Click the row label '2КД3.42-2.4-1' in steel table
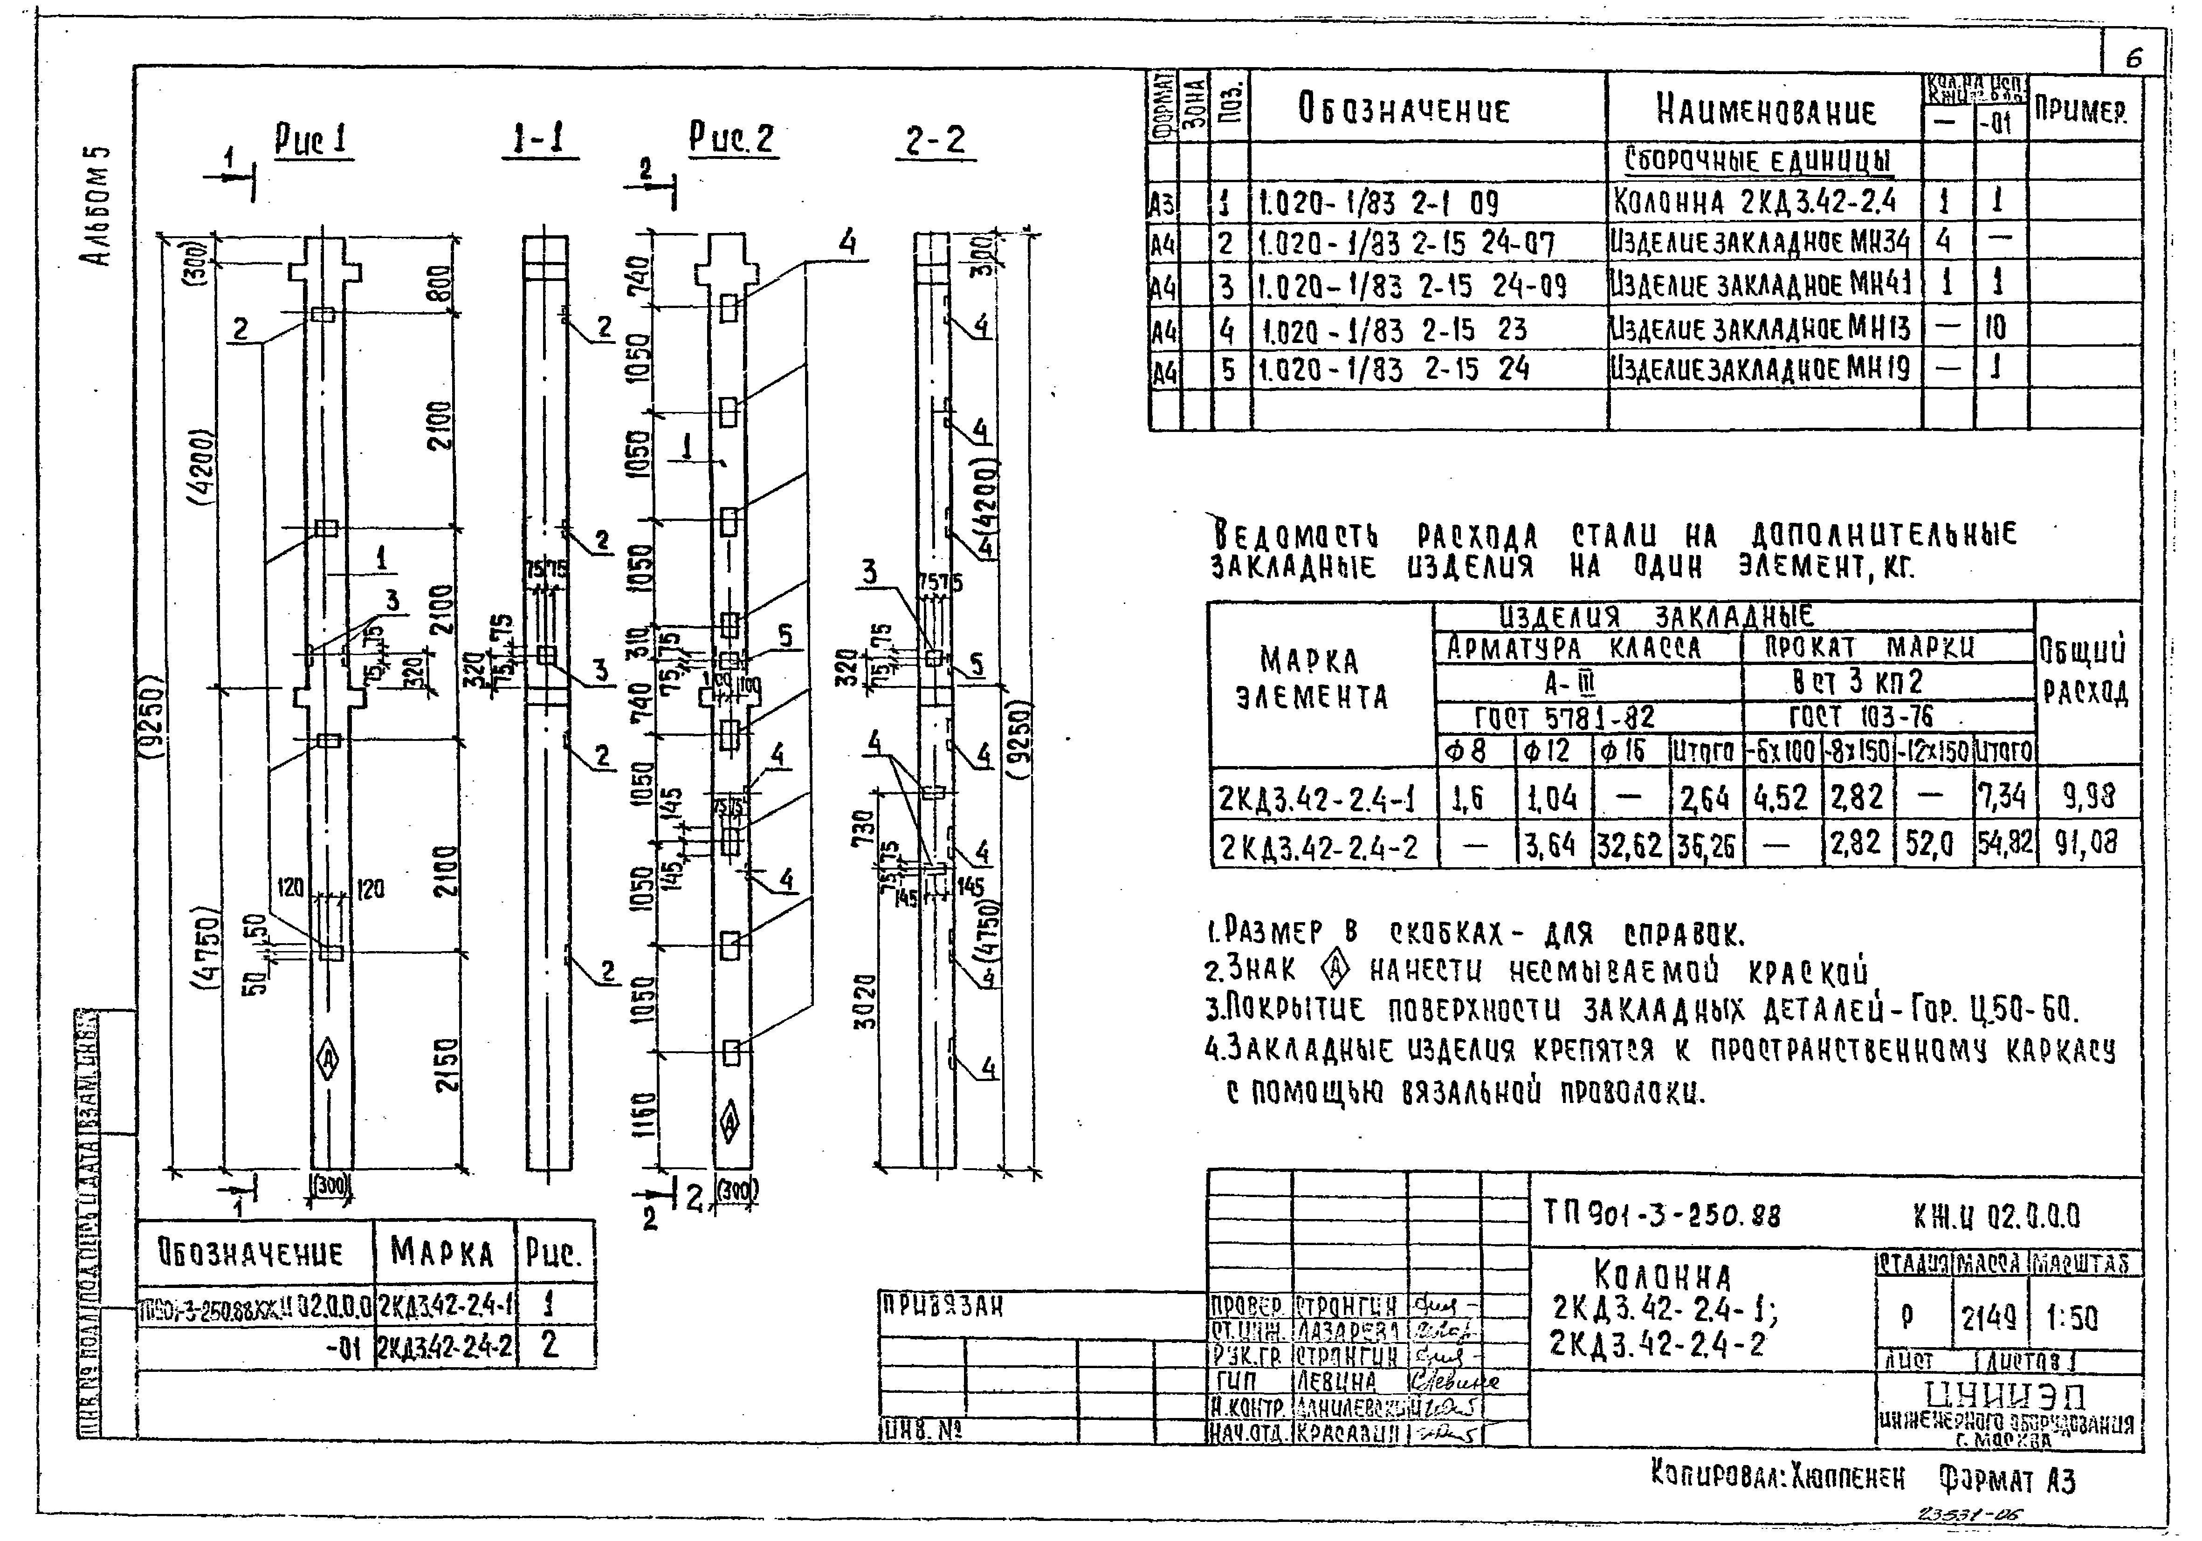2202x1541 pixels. [1321, 797]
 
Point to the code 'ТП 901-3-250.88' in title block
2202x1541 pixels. [1662, 1216]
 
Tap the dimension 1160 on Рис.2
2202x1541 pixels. [647, 1115]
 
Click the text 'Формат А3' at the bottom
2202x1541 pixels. [2006, 1481]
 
